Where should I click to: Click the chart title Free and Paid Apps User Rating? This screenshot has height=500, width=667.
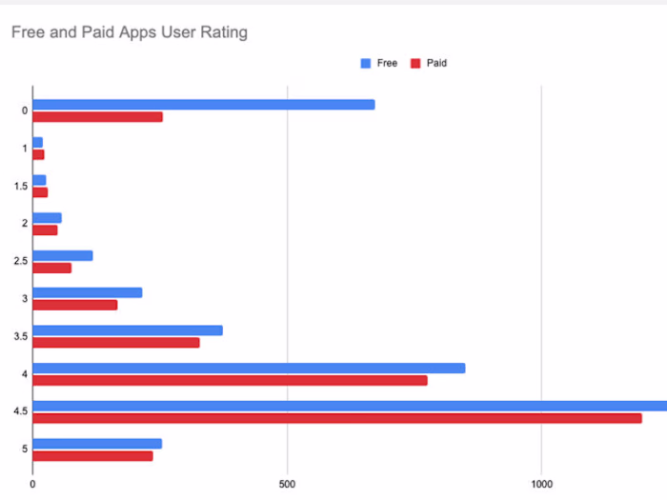point(129,32)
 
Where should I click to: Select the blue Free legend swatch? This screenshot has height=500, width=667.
point(365,63)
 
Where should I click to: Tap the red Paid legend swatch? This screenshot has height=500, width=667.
point(415,63)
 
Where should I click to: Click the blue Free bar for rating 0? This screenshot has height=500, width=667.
point(204,105)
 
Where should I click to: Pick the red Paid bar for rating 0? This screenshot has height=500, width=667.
point(97,117)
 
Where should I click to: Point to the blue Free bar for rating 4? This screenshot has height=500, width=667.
point(249,368)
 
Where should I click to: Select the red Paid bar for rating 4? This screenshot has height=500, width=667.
point(230,380)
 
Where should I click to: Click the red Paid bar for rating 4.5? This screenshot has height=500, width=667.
point(337,417)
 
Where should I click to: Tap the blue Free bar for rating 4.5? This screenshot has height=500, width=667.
point(350,406)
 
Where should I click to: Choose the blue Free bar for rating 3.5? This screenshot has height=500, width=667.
point(128,330)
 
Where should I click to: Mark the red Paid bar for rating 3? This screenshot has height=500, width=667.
point(75,305)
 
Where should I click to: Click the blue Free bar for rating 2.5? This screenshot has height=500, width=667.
point(63,255)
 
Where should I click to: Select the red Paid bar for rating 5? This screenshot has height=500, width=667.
point(92,455)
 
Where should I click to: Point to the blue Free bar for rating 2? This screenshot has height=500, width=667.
point(47,218)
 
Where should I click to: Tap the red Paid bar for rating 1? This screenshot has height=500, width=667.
point(38,154)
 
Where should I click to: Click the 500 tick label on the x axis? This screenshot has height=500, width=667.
point(288,484)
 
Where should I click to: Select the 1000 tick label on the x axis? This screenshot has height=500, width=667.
point(541,484)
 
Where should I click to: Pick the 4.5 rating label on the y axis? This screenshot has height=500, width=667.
point(19,411)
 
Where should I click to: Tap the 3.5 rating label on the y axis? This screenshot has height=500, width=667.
point(19,336)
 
